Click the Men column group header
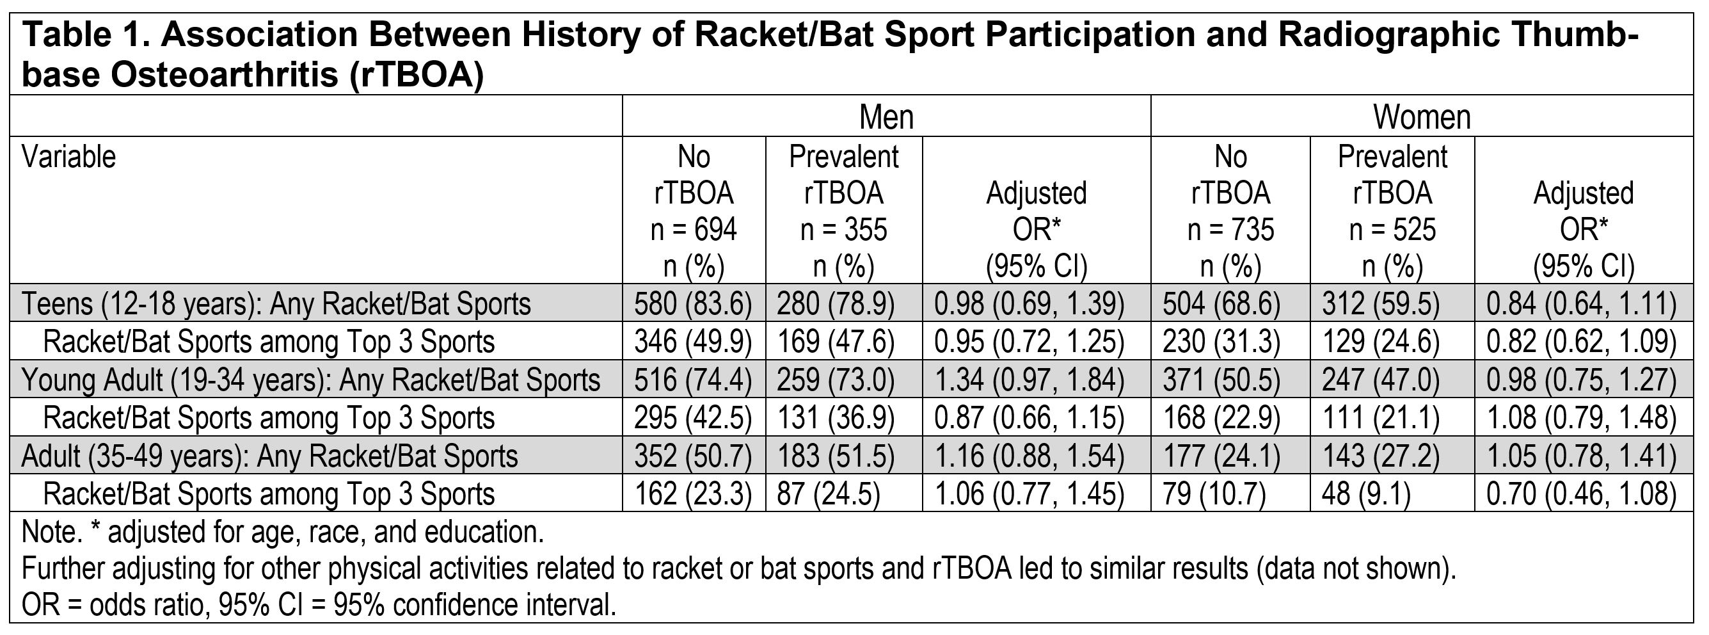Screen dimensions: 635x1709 click(x=886, y=117)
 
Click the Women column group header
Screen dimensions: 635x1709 click(x=1421, y=117)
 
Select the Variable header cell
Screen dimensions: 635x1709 click(x=69, y=157)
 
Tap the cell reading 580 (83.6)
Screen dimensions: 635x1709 click(x=693, y=304)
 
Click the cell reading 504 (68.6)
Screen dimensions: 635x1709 click(x=1221, y=304)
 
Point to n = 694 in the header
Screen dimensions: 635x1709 click(x=694, y=230)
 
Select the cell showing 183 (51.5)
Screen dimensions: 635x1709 click(x=835, y=456)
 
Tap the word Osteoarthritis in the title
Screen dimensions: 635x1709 click(x=224, y=74)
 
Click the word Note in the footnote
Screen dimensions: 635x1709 click(x=46, y=533)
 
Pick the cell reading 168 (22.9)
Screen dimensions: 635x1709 click(x=1221, y=418)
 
